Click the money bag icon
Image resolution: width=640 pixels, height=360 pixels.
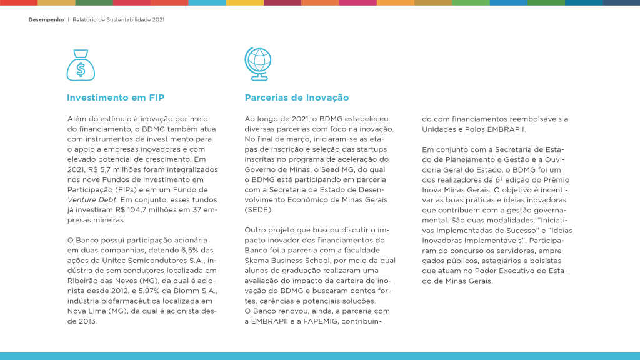coord(81,65)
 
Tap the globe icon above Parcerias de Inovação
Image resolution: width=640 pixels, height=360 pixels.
coord(257,64)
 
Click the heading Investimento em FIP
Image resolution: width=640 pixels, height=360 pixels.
coord(116,98)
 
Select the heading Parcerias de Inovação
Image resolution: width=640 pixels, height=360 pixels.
coord(297,98)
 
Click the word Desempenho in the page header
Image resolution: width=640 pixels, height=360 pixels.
coord(46,19)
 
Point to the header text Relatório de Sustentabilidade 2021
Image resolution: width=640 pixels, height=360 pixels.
coord(118,19)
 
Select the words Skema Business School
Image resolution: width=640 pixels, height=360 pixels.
coord(287,261)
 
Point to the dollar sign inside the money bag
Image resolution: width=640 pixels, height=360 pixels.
coord(81,69)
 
